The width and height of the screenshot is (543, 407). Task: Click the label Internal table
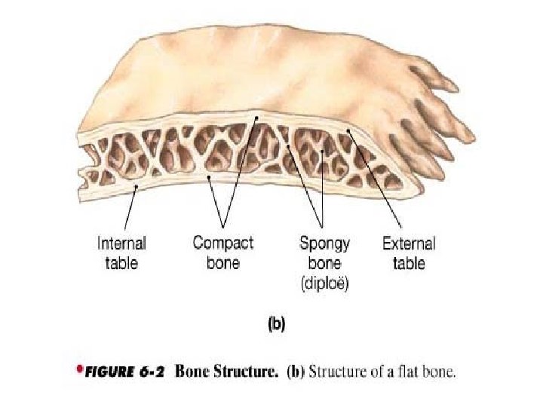[121, 253]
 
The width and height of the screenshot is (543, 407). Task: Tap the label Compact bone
[223, 252]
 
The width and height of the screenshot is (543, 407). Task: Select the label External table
[409, 253]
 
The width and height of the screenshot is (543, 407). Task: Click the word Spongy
[325, 243]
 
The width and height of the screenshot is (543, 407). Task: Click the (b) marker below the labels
[277, 326]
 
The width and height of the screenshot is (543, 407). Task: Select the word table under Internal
[121, 264]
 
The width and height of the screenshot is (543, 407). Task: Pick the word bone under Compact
[223, 264]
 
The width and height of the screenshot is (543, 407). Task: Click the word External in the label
[409, 243]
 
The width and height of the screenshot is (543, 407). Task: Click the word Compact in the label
[223, 243]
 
